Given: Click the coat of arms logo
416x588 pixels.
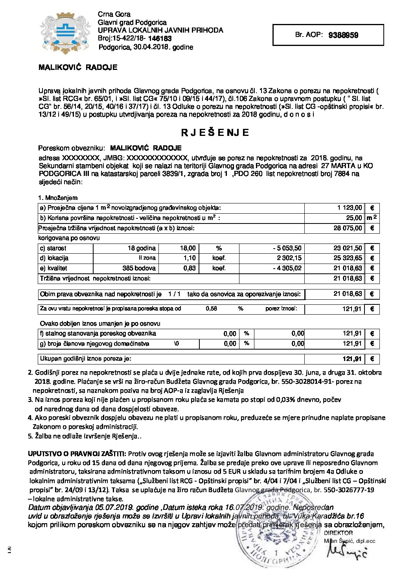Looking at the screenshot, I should pyautogui.click(x=65, y=33).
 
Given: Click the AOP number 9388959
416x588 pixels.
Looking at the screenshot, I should pyautogui.click(x=343, y=35).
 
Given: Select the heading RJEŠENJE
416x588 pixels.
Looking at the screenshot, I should pyautogui.click(x=215, y=132).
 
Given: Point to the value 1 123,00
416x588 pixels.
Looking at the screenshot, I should pyautogui.click(x=350, y=208).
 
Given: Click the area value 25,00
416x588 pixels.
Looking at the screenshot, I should pyautogui.click(x=354, y=218).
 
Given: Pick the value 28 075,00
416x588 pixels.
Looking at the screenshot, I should pyautogui.click(x=348, y=228).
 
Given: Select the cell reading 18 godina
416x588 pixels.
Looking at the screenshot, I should pyautogui.click(x=142, y=248).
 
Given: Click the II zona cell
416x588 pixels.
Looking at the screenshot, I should pyautogui.click(x=147, y=258).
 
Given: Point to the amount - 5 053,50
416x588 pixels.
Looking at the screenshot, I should pyautogui.click(x=287, y=248).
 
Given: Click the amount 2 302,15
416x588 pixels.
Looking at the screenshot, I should pyautogui.click(x=289, y=258).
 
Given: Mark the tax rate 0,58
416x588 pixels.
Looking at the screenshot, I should pyautogui.click(x=211, y=309).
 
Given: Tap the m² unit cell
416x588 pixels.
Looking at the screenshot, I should pyautogui.click(x=372, y=218).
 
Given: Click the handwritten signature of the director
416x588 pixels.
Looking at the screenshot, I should pyautogui.click(x=347, y=553).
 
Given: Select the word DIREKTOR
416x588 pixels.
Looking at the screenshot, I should pyautogui.click(x=338, y=533).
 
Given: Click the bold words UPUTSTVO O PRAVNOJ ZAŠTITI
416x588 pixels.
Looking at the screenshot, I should pyautogui.click(x=77, y=454).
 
